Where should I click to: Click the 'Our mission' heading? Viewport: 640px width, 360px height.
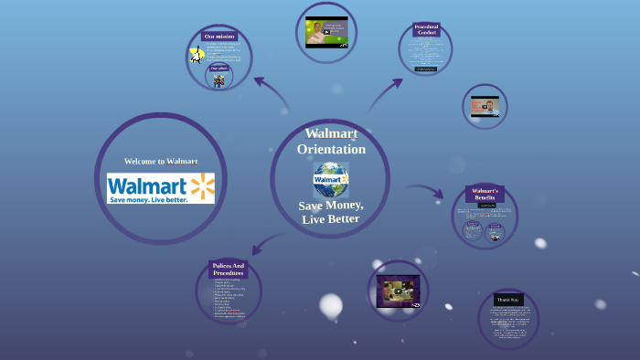[x=219, y=37]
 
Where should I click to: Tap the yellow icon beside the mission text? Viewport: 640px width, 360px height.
[x=197, y=55]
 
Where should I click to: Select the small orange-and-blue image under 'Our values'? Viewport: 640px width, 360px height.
[x=219, y=80]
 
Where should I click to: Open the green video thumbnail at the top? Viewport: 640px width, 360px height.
[x=326, y=32]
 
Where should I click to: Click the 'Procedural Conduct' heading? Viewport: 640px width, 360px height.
[x=426, y=30]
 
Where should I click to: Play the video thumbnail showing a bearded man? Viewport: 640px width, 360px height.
[x=485, y=108]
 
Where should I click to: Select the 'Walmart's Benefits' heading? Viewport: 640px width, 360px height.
[x=485, y=194]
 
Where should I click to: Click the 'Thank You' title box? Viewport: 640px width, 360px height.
[x=507, y=300]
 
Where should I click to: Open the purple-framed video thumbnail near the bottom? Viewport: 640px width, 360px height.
[x=398, y=291]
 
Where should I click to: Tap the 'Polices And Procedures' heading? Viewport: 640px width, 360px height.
[x=228, y=270]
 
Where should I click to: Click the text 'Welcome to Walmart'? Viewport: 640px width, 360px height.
[x=161, y=161]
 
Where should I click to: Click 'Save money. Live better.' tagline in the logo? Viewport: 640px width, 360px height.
[x=148, y=199]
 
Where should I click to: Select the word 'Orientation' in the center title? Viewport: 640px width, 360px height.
[x=331, y=149]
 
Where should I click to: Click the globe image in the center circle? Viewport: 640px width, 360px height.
[x=330, y=179]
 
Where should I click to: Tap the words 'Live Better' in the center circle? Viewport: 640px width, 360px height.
[x=330, y=218]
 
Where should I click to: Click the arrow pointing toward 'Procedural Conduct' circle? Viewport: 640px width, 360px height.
[x=389, y=91]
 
